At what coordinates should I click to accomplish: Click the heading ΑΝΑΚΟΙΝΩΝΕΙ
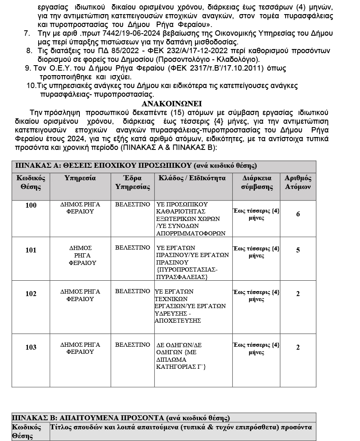[x=172, y=104]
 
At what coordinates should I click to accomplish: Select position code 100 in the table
[x=31, y=206]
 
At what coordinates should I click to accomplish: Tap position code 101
[x=31, y=250]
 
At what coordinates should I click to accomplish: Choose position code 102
[x=31, y=294]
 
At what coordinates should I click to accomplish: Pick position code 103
[x=31, y=347]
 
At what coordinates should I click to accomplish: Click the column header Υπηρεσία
[x=80, y=178]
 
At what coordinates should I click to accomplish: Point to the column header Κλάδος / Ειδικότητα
[x=192, y=178]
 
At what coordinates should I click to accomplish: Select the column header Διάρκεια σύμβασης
[x=256, y=182]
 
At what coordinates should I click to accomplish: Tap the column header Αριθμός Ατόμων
[x=298, y=182]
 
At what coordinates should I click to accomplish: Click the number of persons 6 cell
[x=298, y=214]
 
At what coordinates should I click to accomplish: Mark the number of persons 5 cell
[x=298, y=250]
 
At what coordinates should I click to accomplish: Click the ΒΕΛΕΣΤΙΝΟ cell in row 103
[x=132, y=345]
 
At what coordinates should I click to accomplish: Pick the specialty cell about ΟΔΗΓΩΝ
[x=183, y=356]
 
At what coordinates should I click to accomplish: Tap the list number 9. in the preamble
[x=28, y=68]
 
